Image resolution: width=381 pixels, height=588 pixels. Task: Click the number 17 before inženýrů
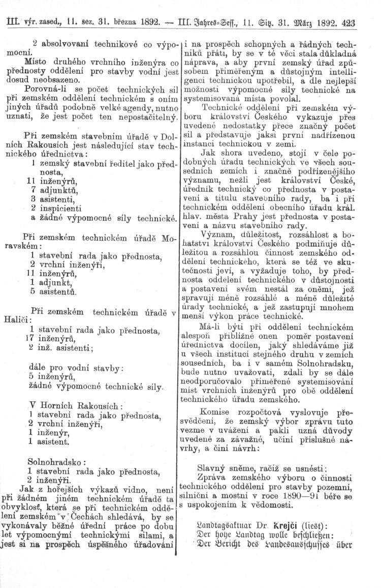click(29, 339)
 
